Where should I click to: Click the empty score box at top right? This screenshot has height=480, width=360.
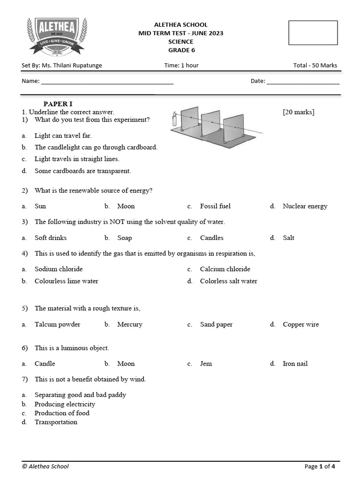click(x=313, y=33)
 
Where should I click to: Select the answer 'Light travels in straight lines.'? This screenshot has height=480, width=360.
click(x=77, y=159)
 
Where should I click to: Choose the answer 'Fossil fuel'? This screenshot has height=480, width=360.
click(x=215, y=206)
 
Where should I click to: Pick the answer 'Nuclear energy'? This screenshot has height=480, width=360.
click(x=305, y=206)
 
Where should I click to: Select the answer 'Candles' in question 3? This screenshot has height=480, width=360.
click(x=211, y=238)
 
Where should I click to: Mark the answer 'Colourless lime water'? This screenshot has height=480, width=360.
click(x=66, y=281)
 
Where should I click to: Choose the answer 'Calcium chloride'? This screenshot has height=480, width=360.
click(x=225, y=269)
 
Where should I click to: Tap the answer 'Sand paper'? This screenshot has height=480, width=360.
click(x=216, y=324)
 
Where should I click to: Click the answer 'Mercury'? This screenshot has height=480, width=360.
click(x=129, y=324)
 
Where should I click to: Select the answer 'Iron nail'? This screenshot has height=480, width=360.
click(x=295, y=364)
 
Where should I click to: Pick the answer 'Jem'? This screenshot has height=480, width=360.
click(x=206, y=364)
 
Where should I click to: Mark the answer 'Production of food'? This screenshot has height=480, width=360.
click(x=62, y=413)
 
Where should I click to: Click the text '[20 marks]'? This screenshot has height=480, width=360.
click(x=299, y=112)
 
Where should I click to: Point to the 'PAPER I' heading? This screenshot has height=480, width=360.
click(x=58, y=104)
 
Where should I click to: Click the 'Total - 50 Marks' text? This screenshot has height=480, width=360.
click(x=315, y=65)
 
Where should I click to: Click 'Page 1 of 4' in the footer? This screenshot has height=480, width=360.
click(x=320, y=466)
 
